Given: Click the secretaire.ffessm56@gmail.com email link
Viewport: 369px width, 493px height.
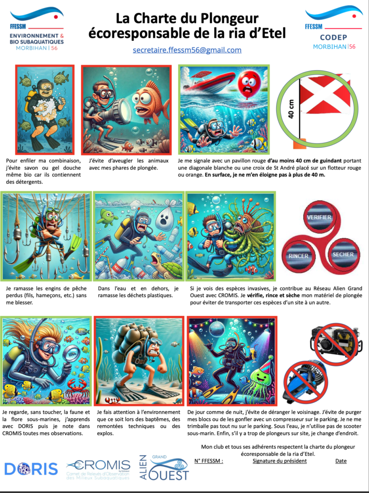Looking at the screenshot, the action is tap(187, 50).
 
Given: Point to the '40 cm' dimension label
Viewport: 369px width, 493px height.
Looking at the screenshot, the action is tap(291, 109).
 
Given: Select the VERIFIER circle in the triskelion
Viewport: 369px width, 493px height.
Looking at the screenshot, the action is tap(318, 217).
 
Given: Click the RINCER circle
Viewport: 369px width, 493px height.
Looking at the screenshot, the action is tap(298, 256).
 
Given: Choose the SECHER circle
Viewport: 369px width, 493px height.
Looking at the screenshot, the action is tap(343, 254).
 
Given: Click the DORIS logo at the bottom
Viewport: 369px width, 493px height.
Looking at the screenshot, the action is tap(31, 468).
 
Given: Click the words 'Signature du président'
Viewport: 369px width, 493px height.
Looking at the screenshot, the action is tap(280, 461).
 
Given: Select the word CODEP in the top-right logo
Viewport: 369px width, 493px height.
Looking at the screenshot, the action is tap(333, 38).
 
